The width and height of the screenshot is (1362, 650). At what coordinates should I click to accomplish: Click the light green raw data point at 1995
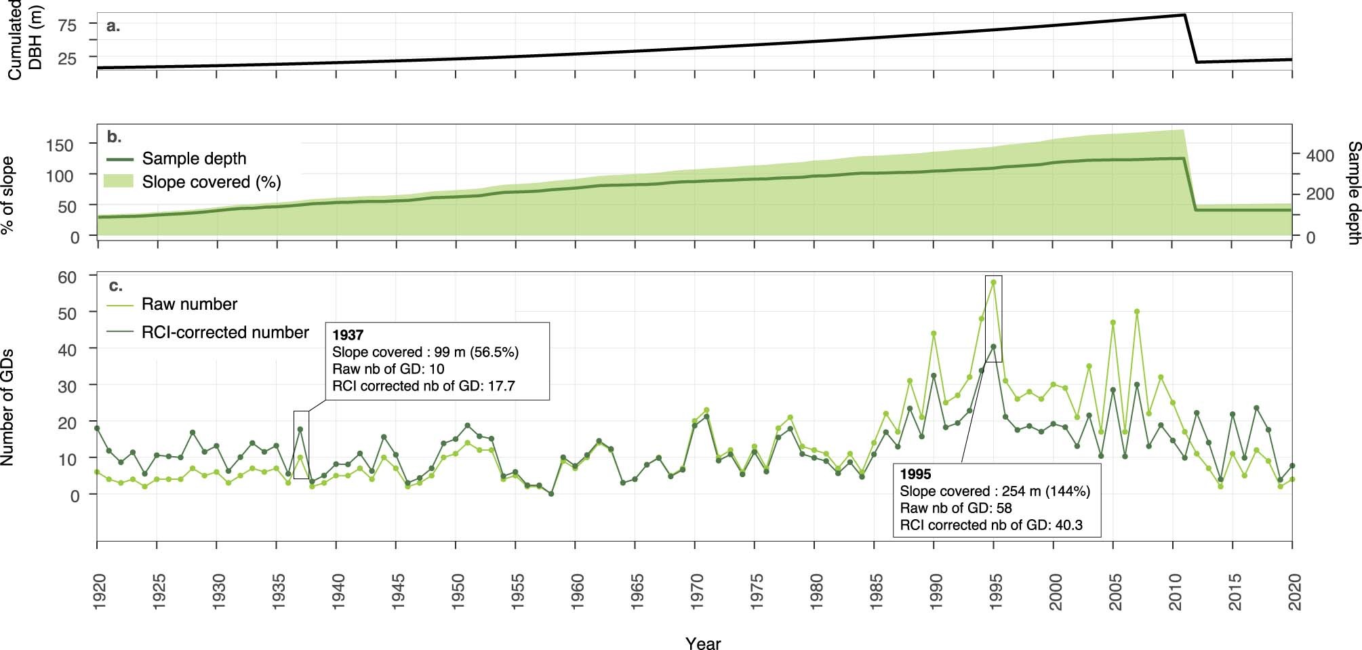tap(993, 282)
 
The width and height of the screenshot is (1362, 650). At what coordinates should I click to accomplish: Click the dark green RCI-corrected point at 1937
tap(300, 429)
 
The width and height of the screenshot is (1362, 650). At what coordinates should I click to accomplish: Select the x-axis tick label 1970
tap(696, 591)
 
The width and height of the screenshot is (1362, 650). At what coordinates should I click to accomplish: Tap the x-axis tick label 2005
tap(1114, 591)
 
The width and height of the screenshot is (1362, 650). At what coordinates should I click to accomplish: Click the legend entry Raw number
tap(189, 304)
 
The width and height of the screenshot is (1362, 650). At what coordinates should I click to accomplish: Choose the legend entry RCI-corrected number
tap(225, 333)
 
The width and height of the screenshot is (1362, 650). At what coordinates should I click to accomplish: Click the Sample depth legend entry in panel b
tap(194, 159)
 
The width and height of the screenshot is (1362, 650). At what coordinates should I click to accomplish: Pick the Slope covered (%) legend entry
tap(211, 182)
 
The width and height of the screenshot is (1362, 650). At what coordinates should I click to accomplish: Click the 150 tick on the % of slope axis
tap(60, 144)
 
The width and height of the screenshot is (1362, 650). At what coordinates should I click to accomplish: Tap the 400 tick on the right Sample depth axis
tap(1320, 156)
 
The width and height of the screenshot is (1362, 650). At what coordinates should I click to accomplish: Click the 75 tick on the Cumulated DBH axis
tap(68, 25)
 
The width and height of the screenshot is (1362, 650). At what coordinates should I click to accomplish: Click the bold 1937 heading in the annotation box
tap(348, 335)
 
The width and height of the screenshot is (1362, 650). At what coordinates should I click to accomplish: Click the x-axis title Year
tap(702, 643)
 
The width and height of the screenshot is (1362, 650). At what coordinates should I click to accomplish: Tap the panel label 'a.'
tap(113, 26)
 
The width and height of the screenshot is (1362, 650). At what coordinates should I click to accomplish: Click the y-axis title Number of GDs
tap(7, 407)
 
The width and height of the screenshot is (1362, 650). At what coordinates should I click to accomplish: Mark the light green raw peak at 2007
tap(1137, 312)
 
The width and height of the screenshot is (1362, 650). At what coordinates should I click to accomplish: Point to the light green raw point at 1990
tap(934, 333)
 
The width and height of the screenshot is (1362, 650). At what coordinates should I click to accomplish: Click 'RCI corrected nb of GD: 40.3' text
tap(991, 525)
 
